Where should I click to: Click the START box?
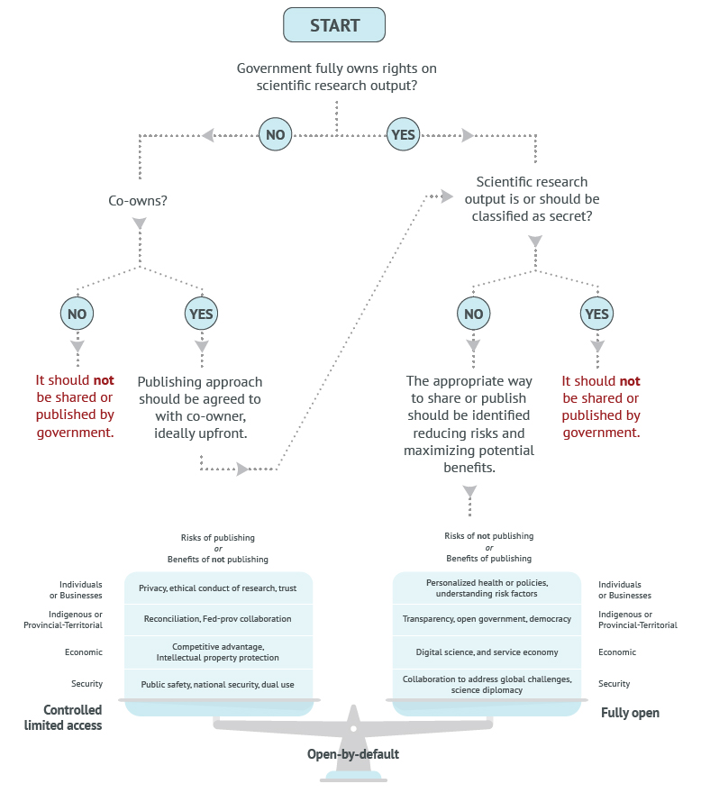(x=334, y=25)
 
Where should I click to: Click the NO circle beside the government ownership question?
(x=275, y=135)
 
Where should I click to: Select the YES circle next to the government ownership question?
(x=403, y=135)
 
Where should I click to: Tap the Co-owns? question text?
(x=138, y=201)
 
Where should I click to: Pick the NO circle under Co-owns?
(x=77, y=314)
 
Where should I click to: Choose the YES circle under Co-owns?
(x=200, y=314)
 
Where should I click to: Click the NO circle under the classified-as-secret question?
(x=473, y=314)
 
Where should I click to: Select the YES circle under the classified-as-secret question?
(x=596, y=314)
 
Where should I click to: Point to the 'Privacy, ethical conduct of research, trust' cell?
(x=218, y=588)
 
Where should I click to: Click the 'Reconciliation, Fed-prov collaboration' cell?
(x=218, y=619)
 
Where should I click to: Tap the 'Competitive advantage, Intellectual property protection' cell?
(x=218, y=652)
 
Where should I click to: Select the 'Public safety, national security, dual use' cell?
(x=218, y=684)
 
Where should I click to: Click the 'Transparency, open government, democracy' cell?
(x=487, y=619)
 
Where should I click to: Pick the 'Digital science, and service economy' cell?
(x=487, y=652)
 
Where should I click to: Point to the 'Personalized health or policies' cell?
(x=487, y=588)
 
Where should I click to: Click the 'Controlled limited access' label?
(x=63, y=717)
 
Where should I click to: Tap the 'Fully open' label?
(x=630, y=713)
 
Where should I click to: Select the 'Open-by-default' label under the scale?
(x=354, y=753)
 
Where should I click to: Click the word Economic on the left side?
(x=83, y=652)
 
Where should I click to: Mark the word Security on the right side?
(x=615, y=684)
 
